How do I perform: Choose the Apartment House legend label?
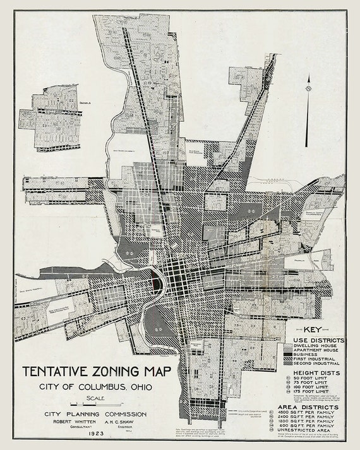(320, 350)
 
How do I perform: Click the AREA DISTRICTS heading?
(312, 408)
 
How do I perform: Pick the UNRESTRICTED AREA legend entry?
(318, 435)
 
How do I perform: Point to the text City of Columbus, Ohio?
(93, 386)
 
